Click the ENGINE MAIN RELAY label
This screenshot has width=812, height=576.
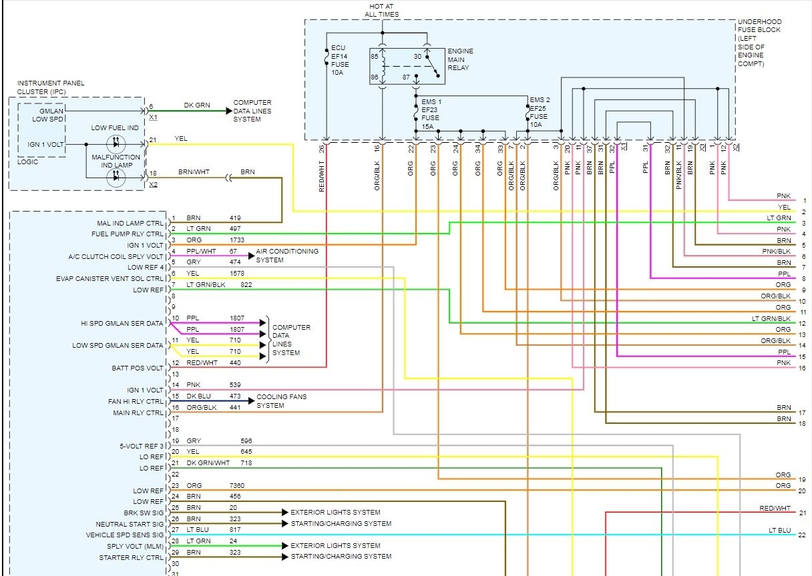coord(460,59)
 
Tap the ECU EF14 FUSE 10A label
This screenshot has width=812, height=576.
coord(340,60)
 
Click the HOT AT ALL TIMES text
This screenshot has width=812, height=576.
coord(381,11)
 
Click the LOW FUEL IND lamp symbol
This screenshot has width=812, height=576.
coord(116,143)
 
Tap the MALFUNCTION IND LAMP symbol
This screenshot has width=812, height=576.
coord(116,178)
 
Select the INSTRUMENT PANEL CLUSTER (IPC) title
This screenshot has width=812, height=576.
coord(50,87)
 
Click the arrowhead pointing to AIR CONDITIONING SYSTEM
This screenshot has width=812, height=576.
coord(252,256)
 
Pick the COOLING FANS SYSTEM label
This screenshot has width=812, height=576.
coord(281,401)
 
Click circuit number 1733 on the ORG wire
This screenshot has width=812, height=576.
coord(236,240)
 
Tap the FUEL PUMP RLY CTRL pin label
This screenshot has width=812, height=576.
coord(128,234)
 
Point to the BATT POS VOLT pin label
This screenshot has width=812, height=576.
coord(138,368)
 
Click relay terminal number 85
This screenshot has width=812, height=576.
coord(374,57)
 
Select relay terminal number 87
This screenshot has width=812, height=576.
coord(406,77)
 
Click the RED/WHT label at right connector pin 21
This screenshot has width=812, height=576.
coord(775,509)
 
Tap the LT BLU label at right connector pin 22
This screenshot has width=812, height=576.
coord(780,531)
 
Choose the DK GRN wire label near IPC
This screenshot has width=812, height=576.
coord(197,105)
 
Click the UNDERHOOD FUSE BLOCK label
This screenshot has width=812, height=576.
coord(759,43)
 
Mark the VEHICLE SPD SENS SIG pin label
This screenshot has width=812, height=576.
coord(125,535)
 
